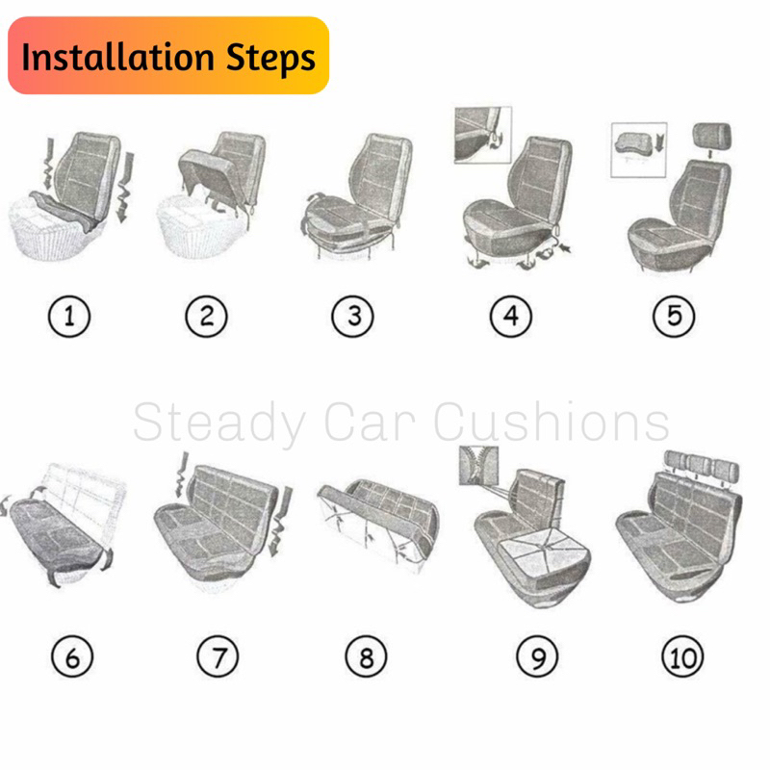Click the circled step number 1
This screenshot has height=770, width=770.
pos(69,317)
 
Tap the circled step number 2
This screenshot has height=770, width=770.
pos(206,317)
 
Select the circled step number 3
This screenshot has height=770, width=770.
pos(352,317)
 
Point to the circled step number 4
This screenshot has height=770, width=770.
pos(511,317)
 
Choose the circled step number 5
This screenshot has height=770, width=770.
pos(674,317)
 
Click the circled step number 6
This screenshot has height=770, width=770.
pos(72,656)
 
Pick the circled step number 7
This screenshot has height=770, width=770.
pos(218,656)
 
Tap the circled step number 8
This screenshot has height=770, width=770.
pos(366,656)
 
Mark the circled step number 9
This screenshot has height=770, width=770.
pos(537,656)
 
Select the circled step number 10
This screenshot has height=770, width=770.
pos(682,656)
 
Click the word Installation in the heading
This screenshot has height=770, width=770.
pos(117,57)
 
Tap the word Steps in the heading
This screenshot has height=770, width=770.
pos(270,58)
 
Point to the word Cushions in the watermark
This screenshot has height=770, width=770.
pos(551,422)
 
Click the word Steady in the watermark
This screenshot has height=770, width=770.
pos(219,423)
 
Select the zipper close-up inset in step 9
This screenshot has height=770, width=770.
pos(478,466)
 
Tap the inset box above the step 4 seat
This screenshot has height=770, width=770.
pos(483,135)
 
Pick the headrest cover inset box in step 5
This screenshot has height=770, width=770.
pos(639,150)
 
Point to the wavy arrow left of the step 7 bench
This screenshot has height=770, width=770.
pos(182,475)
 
